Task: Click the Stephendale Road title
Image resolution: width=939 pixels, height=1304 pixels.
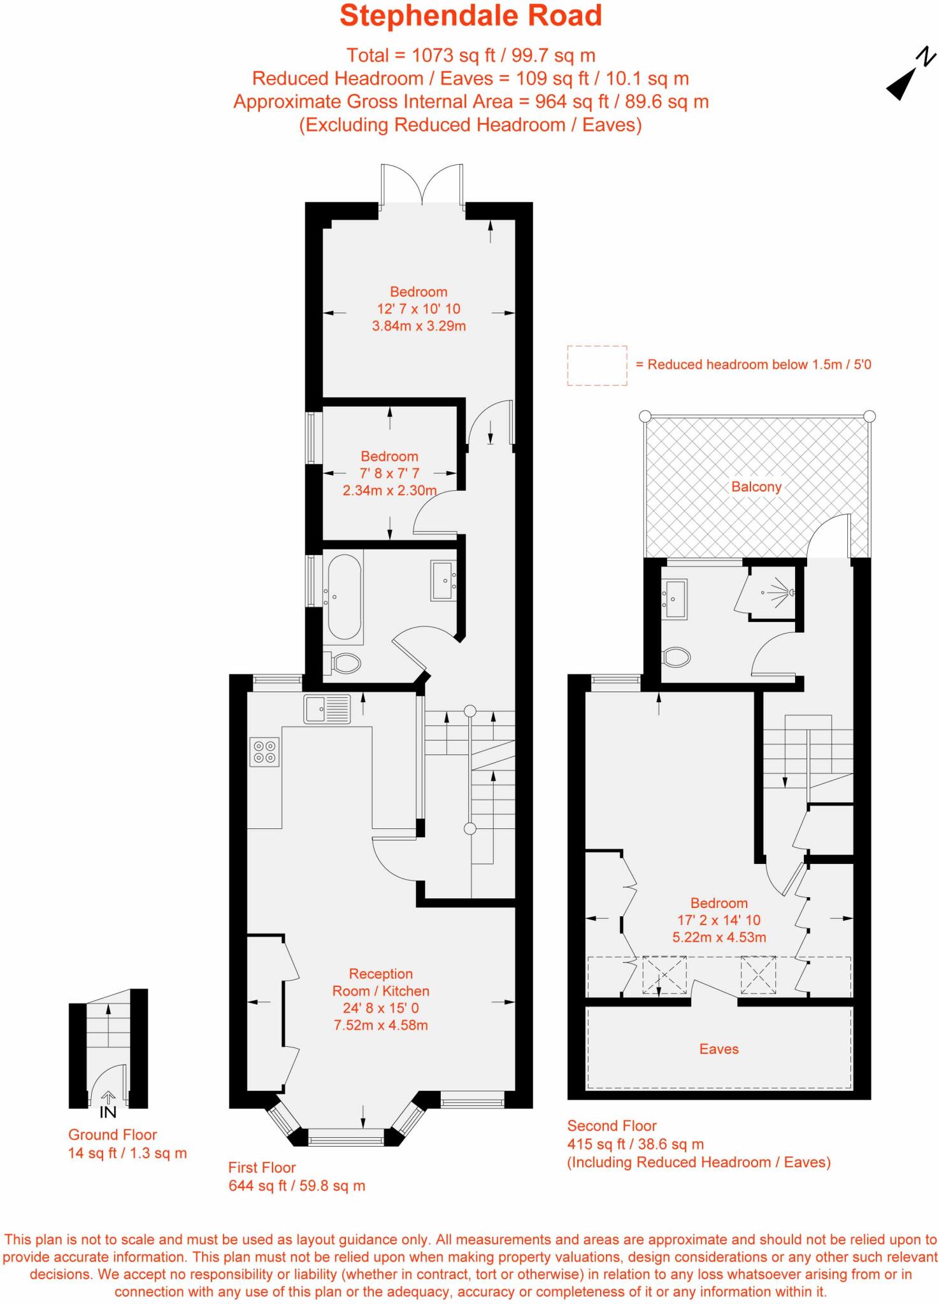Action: point(470,16)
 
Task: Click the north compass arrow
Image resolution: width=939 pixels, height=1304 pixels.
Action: point(905,82)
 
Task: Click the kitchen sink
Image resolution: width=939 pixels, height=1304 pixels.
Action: point(327,708)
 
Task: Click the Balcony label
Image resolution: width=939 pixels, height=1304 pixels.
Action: point(756,487)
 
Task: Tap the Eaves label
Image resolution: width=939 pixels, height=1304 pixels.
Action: point(719,1049)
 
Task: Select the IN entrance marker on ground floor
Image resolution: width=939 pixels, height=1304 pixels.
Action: point(108,1112)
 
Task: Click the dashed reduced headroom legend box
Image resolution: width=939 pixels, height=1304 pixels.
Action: point(597,365)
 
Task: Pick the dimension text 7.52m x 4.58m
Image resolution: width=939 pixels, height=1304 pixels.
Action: point(380,1025)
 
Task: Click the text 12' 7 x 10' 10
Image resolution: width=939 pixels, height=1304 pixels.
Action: point(418,309)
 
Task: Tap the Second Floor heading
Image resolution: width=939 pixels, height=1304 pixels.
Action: point(612,1126)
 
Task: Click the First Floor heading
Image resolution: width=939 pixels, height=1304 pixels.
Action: point(262,1168)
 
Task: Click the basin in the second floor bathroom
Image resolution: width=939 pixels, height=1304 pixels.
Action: point(675,599)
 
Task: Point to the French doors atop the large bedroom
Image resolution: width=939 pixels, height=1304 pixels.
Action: point(422,186)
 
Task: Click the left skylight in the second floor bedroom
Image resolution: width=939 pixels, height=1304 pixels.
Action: point(664,975)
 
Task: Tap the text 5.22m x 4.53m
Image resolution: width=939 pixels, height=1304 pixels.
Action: point(719,937)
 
